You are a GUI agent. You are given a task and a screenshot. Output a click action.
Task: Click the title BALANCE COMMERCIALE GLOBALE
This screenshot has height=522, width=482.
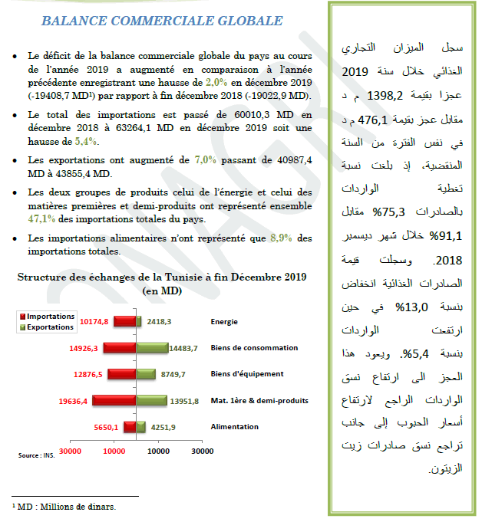(161, 21)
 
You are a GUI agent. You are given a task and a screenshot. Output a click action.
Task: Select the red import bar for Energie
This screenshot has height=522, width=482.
(125, 323)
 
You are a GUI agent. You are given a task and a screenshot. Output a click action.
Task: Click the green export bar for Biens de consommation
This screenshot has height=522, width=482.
(153, 348)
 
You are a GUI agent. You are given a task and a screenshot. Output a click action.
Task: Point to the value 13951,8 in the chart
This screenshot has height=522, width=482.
(183, 400)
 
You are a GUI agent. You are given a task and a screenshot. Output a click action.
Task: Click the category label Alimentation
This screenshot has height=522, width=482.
(234, 426)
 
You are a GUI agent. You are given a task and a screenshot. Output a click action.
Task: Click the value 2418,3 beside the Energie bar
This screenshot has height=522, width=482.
(160, 323)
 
